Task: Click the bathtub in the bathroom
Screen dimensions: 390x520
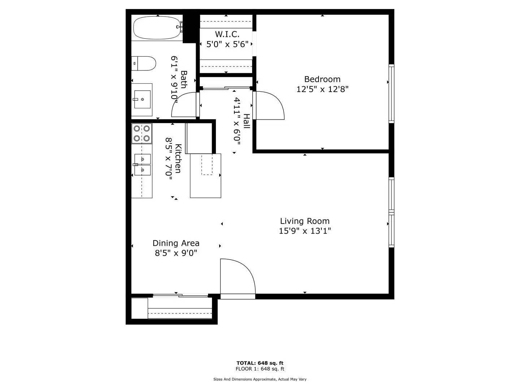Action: pos(157,28)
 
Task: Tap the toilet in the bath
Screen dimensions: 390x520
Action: pos(144,64)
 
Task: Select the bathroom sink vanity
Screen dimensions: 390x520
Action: pos(142,99)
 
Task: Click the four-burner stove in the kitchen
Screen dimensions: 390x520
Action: pos(142,133)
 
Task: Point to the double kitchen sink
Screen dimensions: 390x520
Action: pos(142,164)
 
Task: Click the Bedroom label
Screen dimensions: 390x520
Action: pos(322,79)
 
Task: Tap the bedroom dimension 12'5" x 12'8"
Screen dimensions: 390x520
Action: pos(322,89)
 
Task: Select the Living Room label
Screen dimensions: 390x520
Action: pos(304,221)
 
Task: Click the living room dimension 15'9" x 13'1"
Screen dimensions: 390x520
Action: pos(304,231)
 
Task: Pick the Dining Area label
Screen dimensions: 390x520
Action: pos(176,243)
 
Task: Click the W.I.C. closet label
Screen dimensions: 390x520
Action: pos(227,34)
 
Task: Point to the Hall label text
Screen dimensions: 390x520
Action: pos(246,121)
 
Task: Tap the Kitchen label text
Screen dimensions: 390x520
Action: pos(178,158)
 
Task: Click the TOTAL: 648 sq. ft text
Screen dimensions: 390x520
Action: pos(260,363)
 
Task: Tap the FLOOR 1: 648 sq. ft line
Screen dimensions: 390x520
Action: pos(260,369)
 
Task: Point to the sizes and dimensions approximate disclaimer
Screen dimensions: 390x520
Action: pos(260,379)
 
